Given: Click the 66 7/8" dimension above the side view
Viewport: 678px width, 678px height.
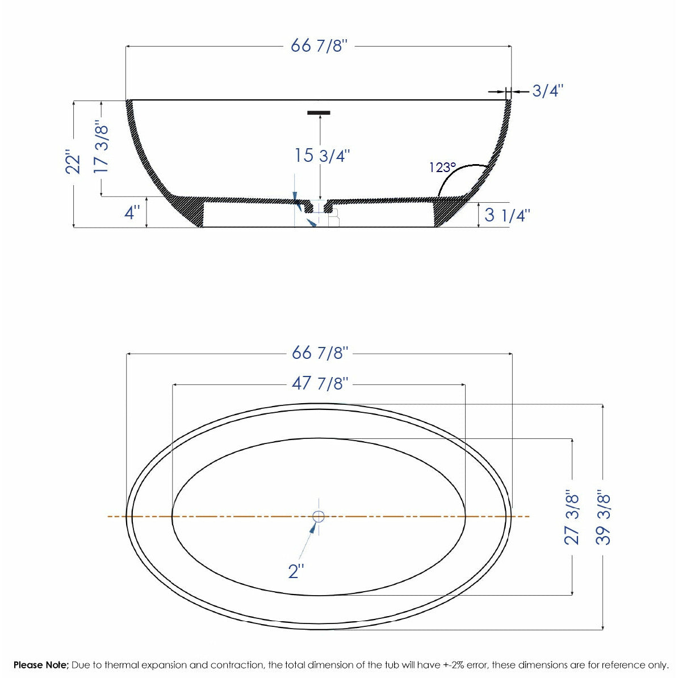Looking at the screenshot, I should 319,46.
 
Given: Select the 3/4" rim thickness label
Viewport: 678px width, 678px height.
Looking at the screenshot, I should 547,91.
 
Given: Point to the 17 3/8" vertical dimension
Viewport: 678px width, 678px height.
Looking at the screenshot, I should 101,147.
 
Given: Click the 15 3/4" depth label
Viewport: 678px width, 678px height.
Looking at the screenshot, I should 321,155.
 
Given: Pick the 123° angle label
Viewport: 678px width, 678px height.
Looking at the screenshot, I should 442,168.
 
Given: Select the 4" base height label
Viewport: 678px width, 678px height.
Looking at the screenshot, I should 132,214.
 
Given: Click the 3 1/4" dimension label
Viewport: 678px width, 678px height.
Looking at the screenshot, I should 507,216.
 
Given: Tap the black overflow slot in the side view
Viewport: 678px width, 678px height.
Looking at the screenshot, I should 319,112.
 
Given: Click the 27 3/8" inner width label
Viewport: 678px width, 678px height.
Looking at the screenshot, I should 572,517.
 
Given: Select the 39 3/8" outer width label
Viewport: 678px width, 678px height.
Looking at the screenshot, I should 603,517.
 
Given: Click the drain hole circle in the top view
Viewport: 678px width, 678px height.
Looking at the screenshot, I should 319,516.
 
